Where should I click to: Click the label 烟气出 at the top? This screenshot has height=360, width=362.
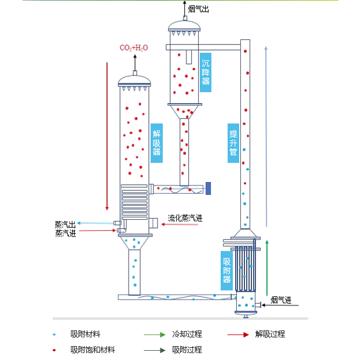pos(199,9)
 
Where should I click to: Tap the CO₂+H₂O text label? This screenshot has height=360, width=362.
pos(134,48)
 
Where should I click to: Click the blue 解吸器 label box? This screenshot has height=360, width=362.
pos(156,143)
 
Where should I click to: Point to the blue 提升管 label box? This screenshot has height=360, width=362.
pos(233,143)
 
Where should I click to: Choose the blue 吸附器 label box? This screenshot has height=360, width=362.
pos(226,270)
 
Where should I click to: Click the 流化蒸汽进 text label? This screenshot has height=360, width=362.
pos(185,219)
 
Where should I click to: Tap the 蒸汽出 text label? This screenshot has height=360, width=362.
pos(65,224)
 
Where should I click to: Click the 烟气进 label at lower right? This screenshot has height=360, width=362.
pos(281,300)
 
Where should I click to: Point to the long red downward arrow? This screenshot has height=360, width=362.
pos(107,133)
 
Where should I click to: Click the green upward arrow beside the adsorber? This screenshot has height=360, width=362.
pos(267,267)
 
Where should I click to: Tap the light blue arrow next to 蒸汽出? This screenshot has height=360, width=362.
pos(96,223)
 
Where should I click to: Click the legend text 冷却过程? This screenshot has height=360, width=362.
pos(187,334)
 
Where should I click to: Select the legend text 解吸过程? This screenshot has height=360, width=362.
pos(270,334)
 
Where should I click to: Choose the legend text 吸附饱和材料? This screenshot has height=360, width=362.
pos(93,350)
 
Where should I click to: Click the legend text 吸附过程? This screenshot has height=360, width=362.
pos(187,350)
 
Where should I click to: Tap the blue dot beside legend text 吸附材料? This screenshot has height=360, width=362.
pos(54,334)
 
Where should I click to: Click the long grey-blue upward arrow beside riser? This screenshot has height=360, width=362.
pos(266,136)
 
